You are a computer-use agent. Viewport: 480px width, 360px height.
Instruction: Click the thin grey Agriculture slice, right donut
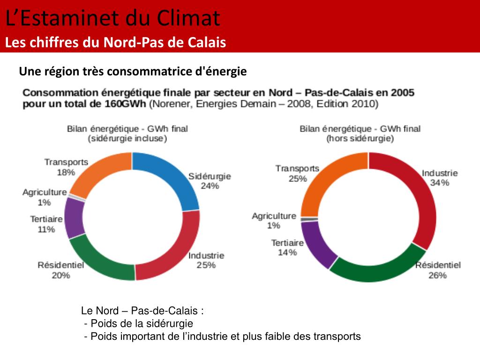309,219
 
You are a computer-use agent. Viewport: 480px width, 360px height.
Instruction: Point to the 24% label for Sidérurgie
210,186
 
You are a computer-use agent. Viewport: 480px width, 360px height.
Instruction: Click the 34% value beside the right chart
440,183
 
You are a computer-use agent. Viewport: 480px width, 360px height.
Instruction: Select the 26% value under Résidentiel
437,275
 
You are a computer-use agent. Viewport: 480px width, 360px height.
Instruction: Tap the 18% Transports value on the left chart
66,172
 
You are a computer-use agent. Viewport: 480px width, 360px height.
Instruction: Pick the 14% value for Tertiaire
287,253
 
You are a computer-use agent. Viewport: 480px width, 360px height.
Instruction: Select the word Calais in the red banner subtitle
207,43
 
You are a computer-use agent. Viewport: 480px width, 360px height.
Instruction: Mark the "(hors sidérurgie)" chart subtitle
360,139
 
